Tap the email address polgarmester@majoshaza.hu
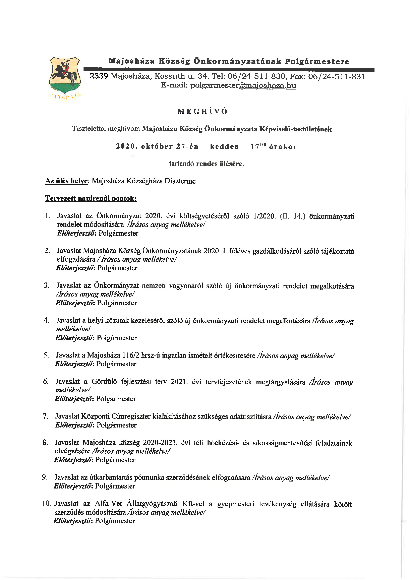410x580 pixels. (x=243, y=85)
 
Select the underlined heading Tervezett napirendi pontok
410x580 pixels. (x=91, y=199)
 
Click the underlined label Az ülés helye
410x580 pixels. (x=66, y=181)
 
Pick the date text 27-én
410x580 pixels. (x=187, y=147)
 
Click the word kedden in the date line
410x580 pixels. (x=225, y=147)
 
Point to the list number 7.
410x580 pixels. (x=45, y=416)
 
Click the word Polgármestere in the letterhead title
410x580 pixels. (x=317, y=61)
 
